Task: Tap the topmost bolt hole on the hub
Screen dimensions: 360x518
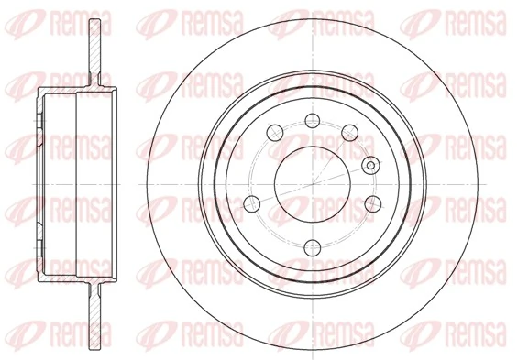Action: point(312,119)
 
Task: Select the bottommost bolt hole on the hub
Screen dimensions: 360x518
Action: point(312,245)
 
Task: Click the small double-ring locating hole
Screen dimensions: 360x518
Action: point(370,166)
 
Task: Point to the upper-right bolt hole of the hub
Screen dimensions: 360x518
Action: point(348,134)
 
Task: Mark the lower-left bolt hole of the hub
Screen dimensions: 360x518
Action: point(252,202)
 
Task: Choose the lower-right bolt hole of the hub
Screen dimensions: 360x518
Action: point(372,202)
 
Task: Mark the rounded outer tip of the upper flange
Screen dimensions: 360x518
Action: point(96,21)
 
